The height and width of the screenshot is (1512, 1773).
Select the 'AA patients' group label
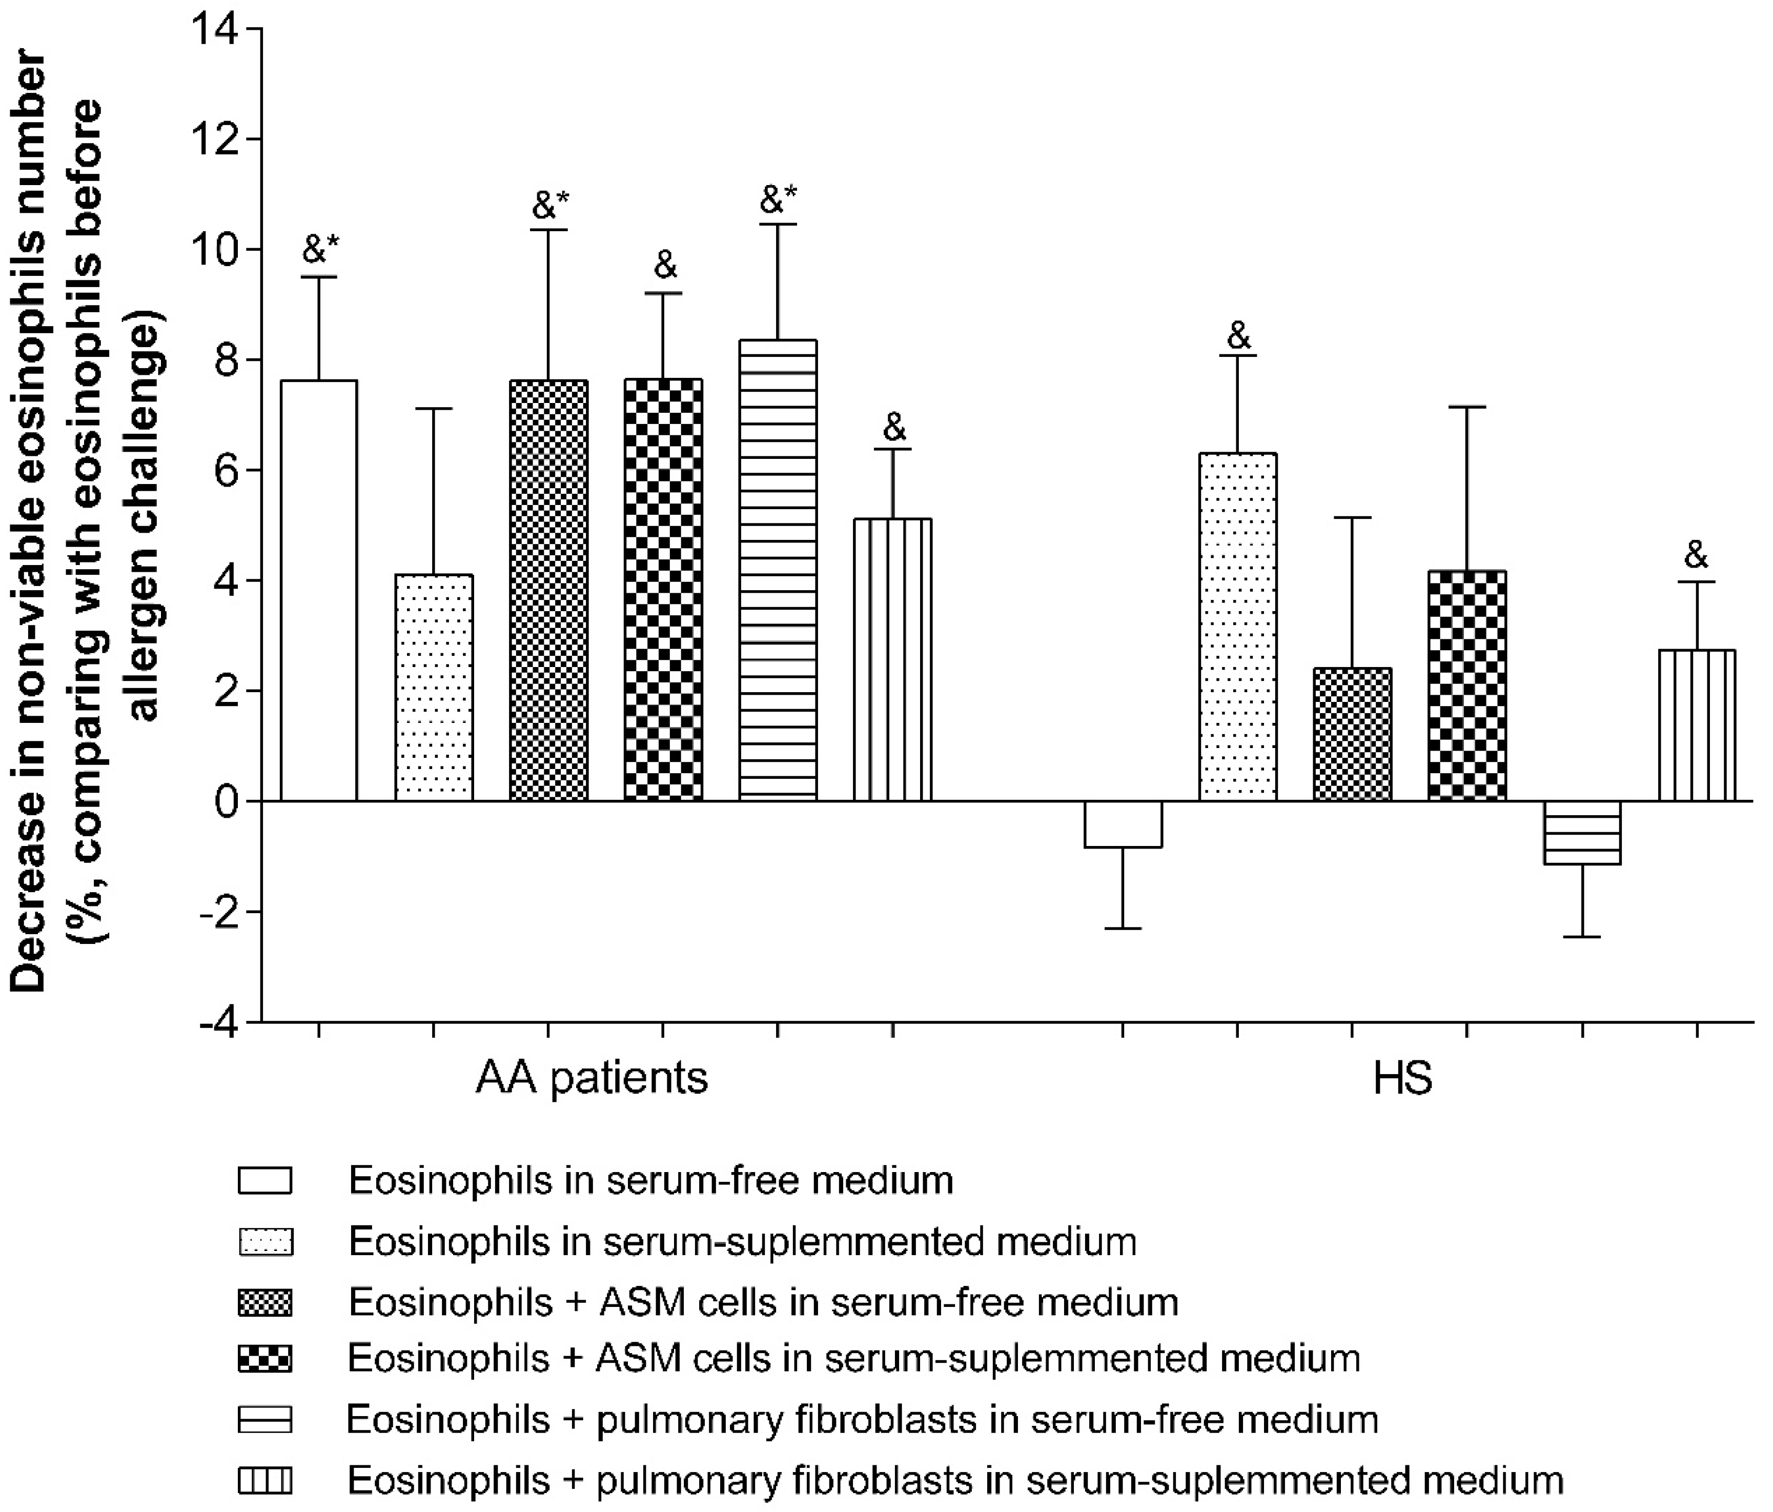click(592, 1078)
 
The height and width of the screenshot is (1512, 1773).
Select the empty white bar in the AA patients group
click(319, 591)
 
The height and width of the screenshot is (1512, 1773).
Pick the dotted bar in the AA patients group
click(434, 688)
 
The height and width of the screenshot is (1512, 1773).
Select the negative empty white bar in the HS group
click(1123, 824)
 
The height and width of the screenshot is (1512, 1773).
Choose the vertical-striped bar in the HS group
click(1697, 725)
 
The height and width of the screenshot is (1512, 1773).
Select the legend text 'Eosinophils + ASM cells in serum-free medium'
click(763, 1302)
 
